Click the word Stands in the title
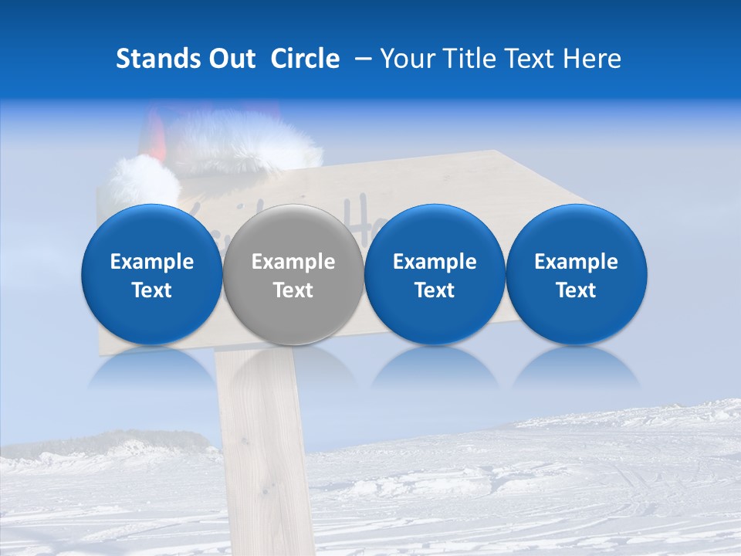157,59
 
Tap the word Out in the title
231,59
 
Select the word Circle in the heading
305,59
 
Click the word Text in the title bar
530,59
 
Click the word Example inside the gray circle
293,262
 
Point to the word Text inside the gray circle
293,290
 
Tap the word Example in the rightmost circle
576,262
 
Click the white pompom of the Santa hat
142,181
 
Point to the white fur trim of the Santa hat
247,143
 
